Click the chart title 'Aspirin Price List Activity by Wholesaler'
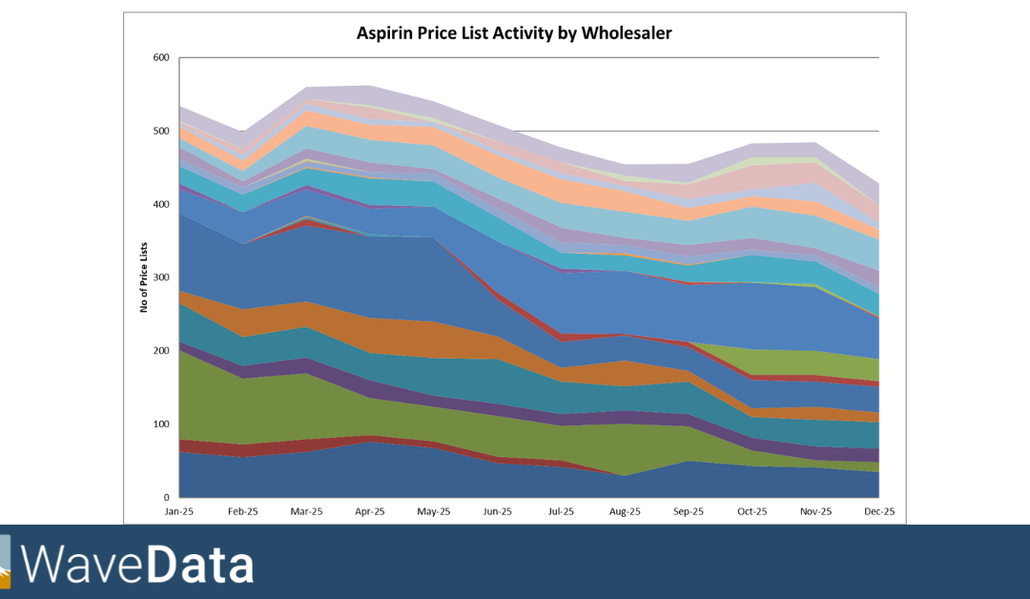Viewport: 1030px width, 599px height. [514, 33]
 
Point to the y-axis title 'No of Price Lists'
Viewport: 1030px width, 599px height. [144, 278]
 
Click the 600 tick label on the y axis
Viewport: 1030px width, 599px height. [160, 58]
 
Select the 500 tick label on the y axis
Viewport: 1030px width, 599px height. [160, 132]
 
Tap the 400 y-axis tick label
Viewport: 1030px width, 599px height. [160, 205]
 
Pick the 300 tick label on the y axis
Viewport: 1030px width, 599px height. [160, 278]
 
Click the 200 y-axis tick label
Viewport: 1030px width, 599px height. [160, 351]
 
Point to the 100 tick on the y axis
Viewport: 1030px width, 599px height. [160, 424]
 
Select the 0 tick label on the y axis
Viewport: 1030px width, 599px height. [166, 498]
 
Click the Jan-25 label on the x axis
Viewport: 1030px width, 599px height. [179, 512]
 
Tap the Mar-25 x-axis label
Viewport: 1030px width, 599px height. [306, 512]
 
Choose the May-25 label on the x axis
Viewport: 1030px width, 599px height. [434, 512]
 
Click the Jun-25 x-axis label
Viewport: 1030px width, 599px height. [497, 512]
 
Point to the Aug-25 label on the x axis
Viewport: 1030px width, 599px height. [625, 512]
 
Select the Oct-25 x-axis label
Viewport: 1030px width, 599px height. [752, 512]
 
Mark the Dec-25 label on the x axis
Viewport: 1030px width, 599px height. [878, 512]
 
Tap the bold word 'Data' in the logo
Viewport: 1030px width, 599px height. [200, 564]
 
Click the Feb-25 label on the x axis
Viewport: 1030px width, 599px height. [243, 512]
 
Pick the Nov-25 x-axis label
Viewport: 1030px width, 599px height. [815, 512]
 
